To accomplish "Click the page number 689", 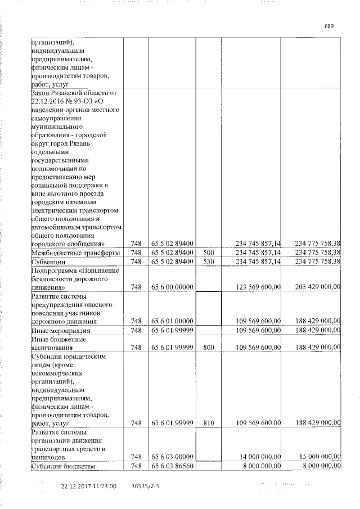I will tap(329, 26).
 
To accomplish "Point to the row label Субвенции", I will tap(48, 262).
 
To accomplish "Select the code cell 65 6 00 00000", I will tap(173, 287).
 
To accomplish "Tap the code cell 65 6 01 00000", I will tap(173, 322).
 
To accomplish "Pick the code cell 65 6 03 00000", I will tap(173, 458).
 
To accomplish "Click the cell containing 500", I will tap(209, 254).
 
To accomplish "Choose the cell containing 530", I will tap(209, 262).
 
